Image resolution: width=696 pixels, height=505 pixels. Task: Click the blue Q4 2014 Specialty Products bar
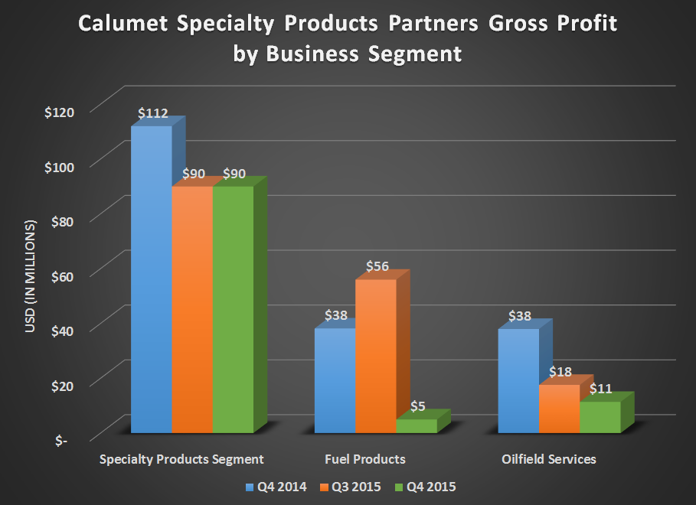click(x=151, y=279)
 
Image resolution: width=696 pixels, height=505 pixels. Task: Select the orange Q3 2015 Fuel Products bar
click(x=375, y=356)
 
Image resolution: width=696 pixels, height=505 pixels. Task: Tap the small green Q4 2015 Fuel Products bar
click(x=416, y=425)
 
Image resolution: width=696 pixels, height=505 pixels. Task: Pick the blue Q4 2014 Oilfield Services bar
click(x=518, y=380)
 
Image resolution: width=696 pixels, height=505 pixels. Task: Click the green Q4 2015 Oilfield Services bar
click(x=600, y=417)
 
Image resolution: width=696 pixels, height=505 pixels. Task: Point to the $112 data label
click(x=153, y=113)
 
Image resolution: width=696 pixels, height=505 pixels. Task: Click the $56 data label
click(x=377, y=267)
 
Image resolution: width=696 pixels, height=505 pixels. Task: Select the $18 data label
click(x=560, y=372)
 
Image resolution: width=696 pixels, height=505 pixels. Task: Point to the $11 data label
click(x=601, y=389)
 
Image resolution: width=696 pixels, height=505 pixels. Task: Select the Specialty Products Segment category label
click(x=182, y=459)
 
